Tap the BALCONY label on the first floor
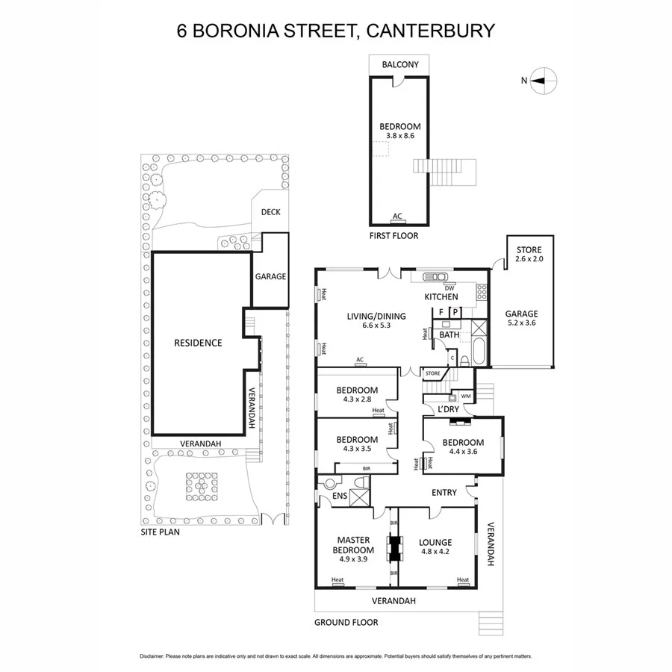tap(400, 65)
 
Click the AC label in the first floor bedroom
tap(397, 217)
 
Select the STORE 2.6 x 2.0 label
tap(529, 255)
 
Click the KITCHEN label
tap(441, 297)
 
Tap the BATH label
tap(449, 335)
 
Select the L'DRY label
tap(449, 409)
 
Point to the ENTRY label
tap(444, 493)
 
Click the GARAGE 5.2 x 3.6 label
tap(520, 319)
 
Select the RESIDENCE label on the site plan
tap(198, 343)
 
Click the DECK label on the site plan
tap(270, 211)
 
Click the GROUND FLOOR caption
tap(346, 622)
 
